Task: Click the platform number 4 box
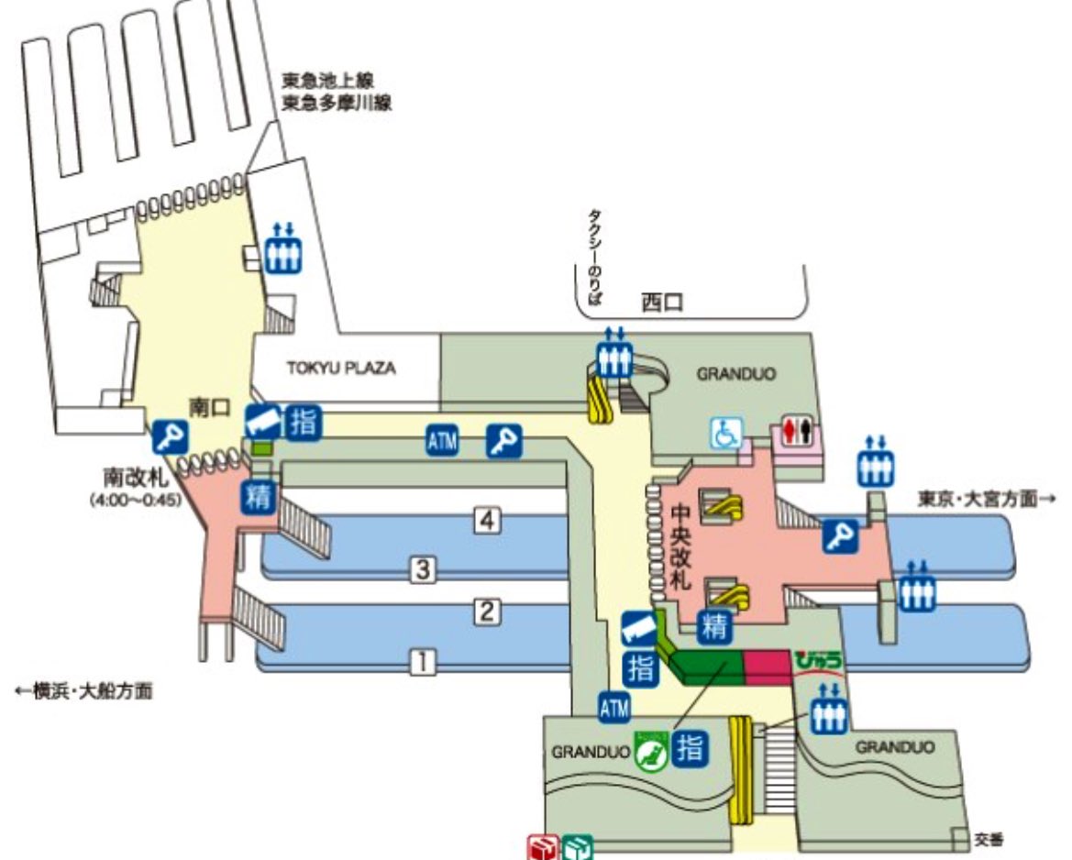489,521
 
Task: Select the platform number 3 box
421,570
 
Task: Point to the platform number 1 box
421,660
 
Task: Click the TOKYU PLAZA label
340,369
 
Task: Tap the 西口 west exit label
662,302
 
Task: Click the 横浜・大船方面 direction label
83,692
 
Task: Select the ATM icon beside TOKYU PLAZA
442,440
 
